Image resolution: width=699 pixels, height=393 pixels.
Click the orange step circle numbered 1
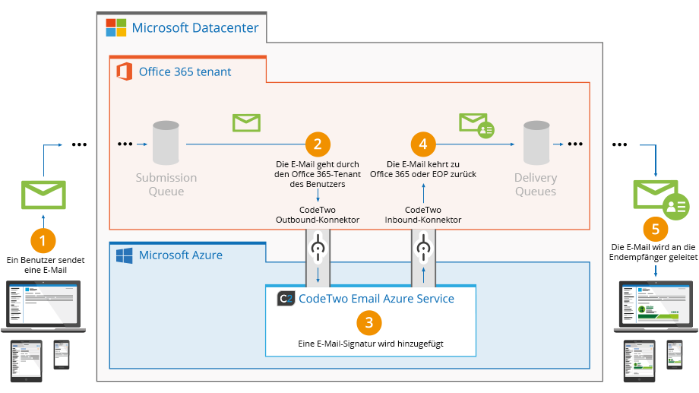click(43, 240)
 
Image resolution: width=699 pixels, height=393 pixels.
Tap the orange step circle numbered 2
click(318, 144)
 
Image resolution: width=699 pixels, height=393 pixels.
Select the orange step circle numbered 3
click(369, 322)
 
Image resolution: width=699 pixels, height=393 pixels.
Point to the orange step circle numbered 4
click(423, 144)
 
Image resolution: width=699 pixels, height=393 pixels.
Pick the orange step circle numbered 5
click(655, 230)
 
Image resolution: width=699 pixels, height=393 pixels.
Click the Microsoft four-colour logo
click(116, 27)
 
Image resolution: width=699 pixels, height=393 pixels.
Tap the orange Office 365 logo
click(125, 71)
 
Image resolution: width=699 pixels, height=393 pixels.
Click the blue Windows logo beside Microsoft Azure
click(125, 255)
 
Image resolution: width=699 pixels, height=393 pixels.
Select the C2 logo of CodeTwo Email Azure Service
click(286, 299)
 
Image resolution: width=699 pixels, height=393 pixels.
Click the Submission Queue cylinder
click(166, 143)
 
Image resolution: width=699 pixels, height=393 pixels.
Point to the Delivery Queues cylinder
click(536, 143)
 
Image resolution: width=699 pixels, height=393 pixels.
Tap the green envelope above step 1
click(44, 195)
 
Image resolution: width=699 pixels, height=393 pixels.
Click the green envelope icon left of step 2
click(246, 122)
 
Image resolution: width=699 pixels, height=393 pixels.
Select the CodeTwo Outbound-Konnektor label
click(318, 214)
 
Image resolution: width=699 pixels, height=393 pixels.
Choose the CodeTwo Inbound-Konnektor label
click(423, 214)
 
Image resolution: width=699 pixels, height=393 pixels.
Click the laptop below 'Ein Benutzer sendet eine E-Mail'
click(43, 306)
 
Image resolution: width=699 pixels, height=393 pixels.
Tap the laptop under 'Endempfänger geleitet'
click(656, 306)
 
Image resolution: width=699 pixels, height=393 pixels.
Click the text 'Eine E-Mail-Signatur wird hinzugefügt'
click(371, 344)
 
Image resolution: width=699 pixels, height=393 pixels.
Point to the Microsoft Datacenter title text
click(195, 27)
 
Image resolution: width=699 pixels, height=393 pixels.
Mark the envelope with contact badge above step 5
click(662, 199)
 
